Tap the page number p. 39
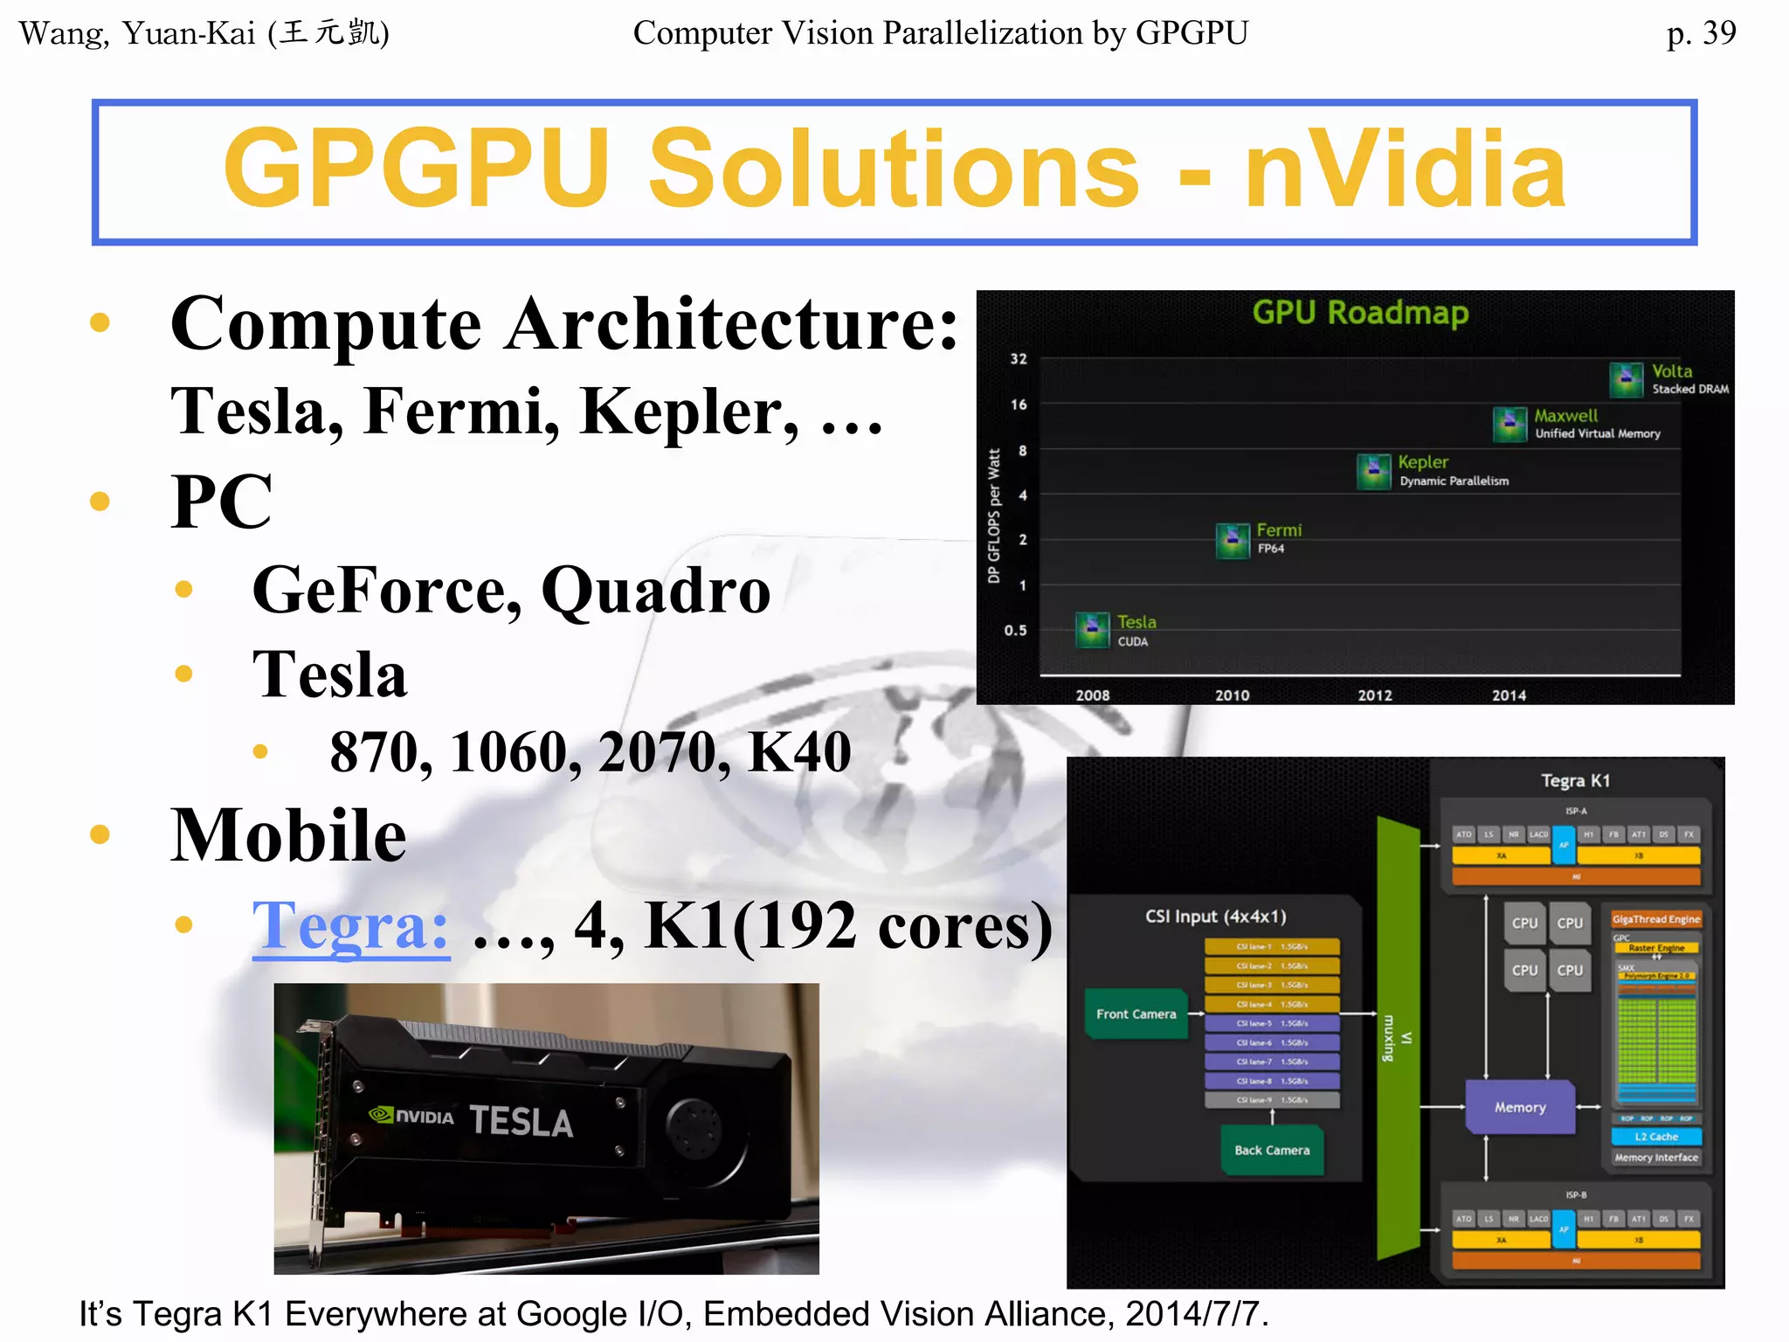click(1700, 33)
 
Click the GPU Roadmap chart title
click(1360, 313)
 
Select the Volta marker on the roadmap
click(1626, 378)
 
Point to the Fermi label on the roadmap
click(1279, 530)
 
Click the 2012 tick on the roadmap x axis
click(1375, 695)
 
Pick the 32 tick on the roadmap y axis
click(1019, 359)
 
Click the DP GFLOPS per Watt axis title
click(994, 515)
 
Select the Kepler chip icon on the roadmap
click(1374, 471)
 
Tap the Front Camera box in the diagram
click(1136, 1014)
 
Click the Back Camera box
click(1272, 1151)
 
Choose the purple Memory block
click(1520, 1108)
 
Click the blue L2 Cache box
click(1656, 1137)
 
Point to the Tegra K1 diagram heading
click(1575, 781)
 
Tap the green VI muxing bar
click(1398, 1038)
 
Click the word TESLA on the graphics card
click(522, 1122)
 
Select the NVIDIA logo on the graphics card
click(411, 1116)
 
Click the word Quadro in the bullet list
click(656, 591)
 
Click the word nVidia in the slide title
click(1405, 169)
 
